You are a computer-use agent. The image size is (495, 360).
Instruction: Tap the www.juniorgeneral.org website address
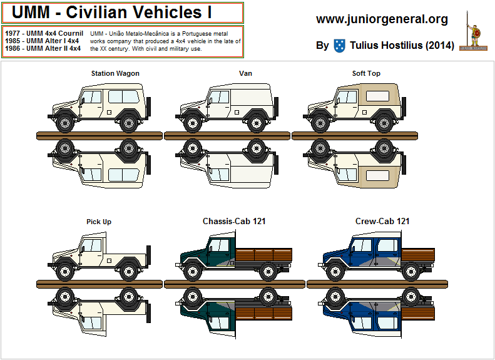point(382,19)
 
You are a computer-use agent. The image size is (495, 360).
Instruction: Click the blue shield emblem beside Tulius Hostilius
point(339,45)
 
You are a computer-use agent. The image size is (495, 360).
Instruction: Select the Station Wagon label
point(115,73)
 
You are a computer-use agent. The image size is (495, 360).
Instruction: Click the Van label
point(245,73)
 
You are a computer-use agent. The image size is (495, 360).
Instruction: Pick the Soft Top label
point(366,73)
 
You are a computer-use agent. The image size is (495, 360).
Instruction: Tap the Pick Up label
point(99,222)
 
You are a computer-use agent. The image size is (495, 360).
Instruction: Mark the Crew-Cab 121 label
point(382,221)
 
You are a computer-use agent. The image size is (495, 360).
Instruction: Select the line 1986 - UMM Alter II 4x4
point(43,48)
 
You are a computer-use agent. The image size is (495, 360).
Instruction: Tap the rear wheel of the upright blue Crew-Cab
point(410,270)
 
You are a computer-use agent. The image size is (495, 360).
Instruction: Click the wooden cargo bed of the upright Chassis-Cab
point(263,254)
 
